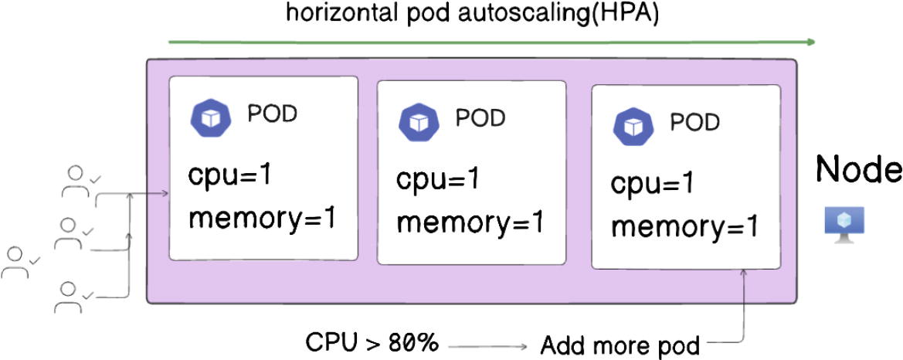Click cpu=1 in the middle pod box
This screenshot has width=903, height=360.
click(x=438, y=179)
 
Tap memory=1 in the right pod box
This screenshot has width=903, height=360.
click(x=684, y=229)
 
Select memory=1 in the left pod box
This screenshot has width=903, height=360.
click(x=262, y=219)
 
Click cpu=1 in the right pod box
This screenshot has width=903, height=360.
click(x=651, y=185)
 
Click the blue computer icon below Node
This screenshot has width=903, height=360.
click(x=844, y=222)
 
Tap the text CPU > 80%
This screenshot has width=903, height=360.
click(x=372, y=341)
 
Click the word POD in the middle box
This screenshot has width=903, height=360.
click(x=480, y=117)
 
